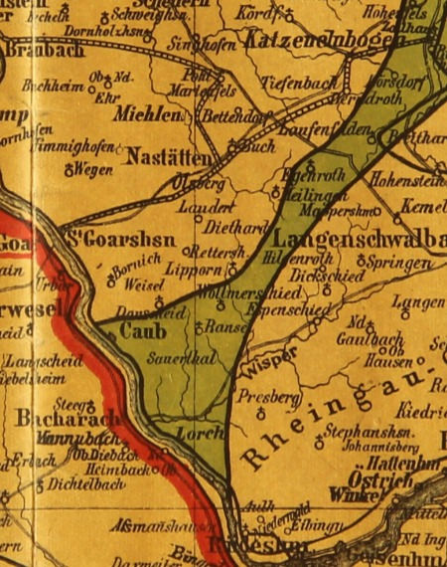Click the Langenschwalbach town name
tap(359, 239)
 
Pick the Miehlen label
tap(150, 115)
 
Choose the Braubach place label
tap(41, 50)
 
